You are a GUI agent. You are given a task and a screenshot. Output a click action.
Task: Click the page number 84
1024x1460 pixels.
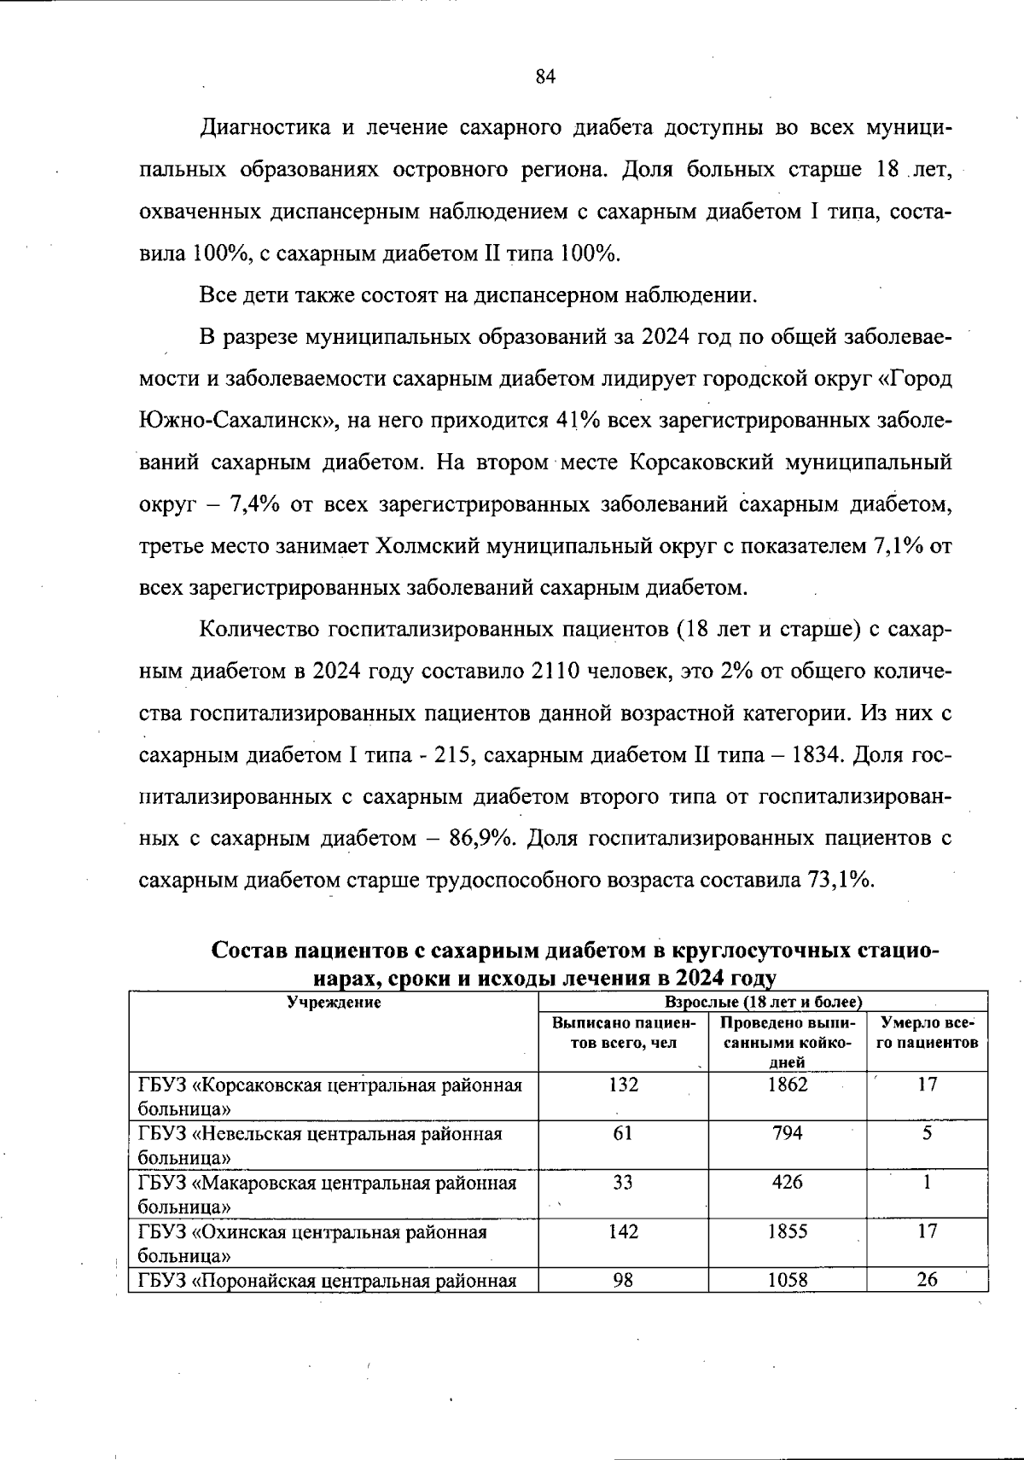[545, 77]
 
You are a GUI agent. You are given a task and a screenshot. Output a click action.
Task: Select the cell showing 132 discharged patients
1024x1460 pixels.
[623, 1085]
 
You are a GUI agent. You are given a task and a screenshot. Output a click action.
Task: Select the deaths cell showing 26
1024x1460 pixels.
[926, 1280]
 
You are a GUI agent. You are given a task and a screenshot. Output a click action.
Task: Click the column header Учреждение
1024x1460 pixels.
[333, 1003]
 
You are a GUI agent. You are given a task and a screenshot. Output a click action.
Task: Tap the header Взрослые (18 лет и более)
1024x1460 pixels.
[762, 1002]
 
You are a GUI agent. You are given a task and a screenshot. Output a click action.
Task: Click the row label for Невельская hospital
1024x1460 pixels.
[320, 1144]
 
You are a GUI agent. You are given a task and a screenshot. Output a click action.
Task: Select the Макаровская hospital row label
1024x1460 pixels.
[328, 1194]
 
